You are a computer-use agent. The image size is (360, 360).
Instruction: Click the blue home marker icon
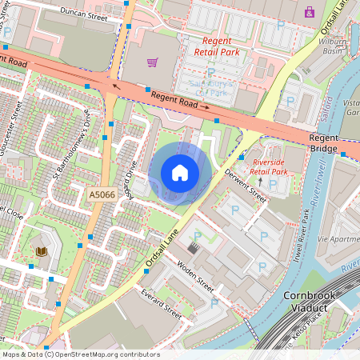180,173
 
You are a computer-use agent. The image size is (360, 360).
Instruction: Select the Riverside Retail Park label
268,166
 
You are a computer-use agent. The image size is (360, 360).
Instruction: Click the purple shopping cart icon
152,62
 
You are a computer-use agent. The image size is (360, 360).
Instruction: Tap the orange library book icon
42,252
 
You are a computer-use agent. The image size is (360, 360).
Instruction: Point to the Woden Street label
196,276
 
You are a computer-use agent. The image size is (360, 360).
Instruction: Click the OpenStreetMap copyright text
81,354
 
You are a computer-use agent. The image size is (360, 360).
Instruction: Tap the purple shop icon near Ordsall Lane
310,12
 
